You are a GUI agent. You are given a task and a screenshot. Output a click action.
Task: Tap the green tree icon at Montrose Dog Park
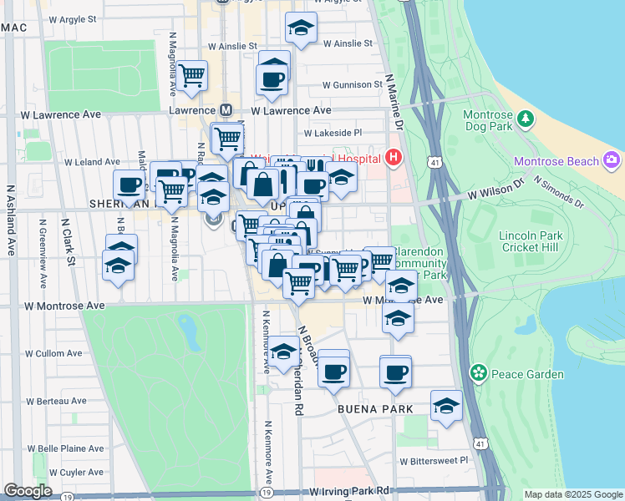click(x=525, y=119)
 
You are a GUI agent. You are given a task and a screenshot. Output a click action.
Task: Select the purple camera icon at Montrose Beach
click(x=612, y=159)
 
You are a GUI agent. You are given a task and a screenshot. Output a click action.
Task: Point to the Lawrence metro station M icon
click(x=226, y=110)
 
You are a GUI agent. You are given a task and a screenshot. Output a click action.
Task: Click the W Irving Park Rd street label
click(x=349, y=491)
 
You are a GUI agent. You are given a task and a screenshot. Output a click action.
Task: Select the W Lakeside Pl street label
click(x=333, y=132)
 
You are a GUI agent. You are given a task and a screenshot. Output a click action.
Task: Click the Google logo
click(x=28, y=491)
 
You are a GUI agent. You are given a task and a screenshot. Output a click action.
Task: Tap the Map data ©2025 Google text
click(x=573, y=494)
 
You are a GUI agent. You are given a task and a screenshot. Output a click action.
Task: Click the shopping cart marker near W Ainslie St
click(x=192, y=76)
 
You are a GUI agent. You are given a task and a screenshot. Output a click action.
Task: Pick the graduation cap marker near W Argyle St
click(x=301, y=30)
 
